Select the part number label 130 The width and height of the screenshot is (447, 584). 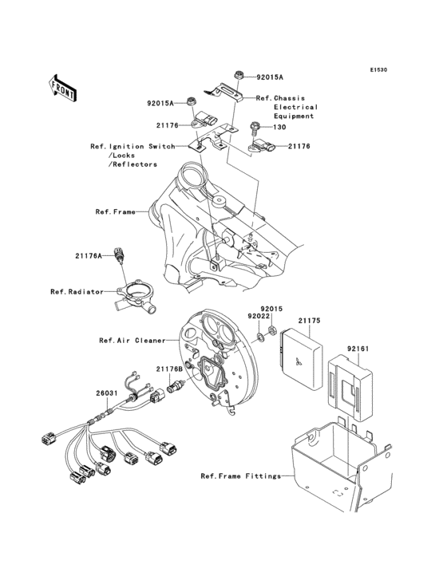[x=279, y=127]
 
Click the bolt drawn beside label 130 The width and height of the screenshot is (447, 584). [x=255, y=126]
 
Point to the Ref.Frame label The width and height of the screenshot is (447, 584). [x=114, y=212]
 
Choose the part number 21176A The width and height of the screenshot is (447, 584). [x=89, y=256]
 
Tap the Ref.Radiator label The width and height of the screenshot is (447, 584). [x=77, y=292]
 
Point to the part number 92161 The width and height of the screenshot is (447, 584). [x=358, y=349]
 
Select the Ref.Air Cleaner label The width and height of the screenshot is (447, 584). [x=133, y=340]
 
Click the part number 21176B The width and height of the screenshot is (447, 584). [x=169, y=369]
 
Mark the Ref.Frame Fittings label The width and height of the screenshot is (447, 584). [x=241, y=476]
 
